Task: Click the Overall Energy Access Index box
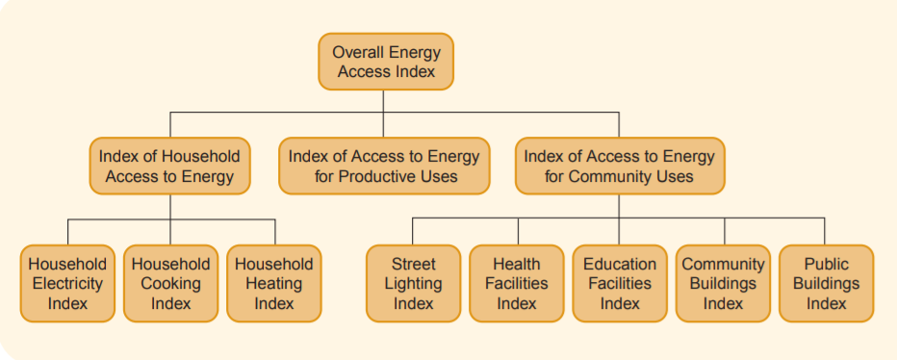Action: pos(385,62)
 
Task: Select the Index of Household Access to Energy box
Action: pos(169,166)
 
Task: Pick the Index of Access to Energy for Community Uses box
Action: pos(619,166)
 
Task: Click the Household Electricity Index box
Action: pos(67,283)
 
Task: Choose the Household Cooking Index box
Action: pos(170,283)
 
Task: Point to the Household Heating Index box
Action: pos(274,283)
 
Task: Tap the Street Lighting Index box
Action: pos(413,283)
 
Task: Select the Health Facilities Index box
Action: pos(517,283)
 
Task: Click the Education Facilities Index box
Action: pos(620,283)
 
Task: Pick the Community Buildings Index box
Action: pos(723,283)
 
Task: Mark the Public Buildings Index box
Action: pos(826,283)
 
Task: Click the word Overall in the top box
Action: pos(358,52)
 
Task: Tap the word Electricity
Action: pos(67,283)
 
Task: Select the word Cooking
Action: pos(170,283)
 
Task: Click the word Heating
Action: pos(274,283)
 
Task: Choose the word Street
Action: pos(413,264)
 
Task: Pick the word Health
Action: pos(517,264)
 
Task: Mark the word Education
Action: pos(620,264)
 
